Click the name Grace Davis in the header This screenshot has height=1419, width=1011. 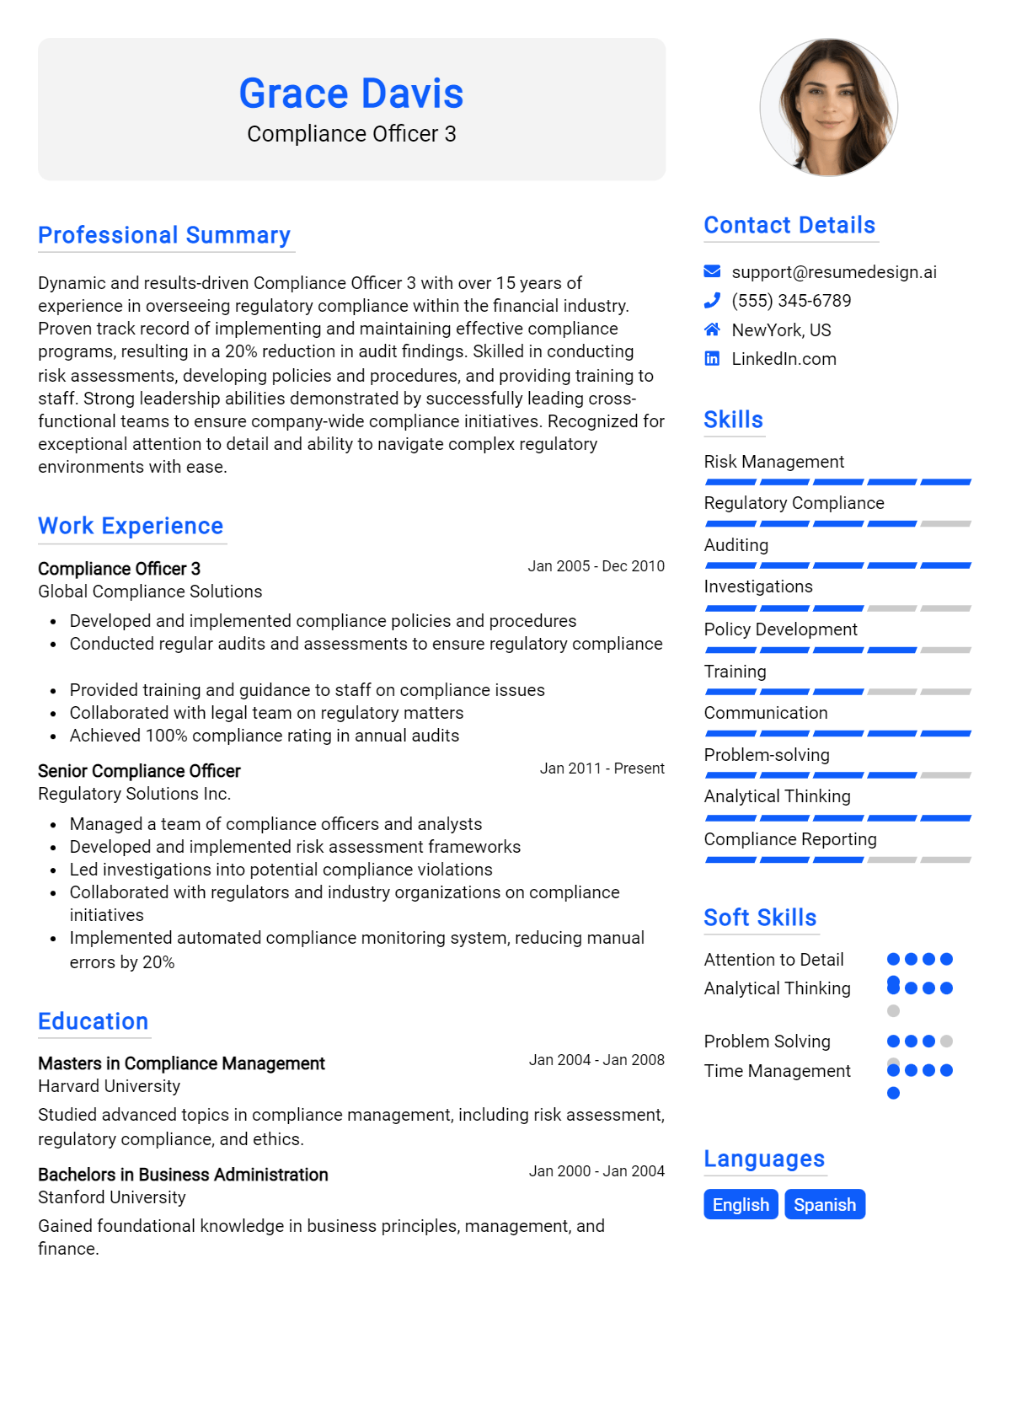(351, 94)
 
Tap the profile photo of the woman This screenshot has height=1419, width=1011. (829, 107)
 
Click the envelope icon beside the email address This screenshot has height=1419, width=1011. (712, 271)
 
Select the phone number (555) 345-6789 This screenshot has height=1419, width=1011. (791, 301)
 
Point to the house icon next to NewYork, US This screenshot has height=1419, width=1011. (712, 329)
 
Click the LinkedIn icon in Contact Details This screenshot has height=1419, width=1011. (712, 359)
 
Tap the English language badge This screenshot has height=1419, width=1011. (741, 1205)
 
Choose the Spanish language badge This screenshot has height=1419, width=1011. (824, 1205)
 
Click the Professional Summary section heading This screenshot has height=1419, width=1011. (164, 235)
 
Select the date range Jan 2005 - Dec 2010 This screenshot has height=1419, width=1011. (596, 566)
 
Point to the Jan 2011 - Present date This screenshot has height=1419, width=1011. (602, 768)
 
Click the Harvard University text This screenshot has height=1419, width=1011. (110, 1086)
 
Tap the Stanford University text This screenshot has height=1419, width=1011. (112, 1197)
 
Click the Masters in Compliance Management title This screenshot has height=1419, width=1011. (181, 1063)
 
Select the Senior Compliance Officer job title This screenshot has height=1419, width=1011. (139, 771)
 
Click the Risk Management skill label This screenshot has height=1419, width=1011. (773, 462)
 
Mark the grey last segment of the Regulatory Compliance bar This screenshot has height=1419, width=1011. (945, 524)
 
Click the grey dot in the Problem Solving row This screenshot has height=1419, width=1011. (946, 1041)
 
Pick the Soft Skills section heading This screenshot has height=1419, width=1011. (760, 918)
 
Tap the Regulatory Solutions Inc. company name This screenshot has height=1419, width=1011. (134, 794)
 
